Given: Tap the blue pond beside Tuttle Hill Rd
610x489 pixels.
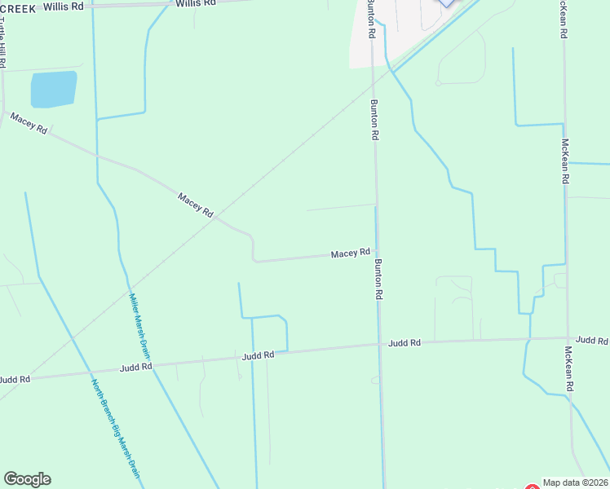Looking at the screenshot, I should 54,89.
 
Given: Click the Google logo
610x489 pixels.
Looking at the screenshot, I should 27,479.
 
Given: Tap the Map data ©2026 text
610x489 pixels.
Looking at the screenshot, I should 576,482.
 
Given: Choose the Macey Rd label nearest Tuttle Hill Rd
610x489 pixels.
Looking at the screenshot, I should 29,124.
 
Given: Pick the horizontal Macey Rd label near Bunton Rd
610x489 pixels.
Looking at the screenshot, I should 351,254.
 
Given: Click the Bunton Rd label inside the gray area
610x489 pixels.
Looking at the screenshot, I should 371,19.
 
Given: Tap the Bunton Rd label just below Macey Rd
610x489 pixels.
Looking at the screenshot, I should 378,280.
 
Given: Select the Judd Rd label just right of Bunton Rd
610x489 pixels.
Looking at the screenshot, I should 404,343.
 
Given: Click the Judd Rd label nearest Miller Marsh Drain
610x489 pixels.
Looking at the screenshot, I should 135,368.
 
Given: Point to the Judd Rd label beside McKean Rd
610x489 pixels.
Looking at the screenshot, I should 591,340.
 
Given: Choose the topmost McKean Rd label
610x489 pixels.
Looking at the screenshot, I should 564,19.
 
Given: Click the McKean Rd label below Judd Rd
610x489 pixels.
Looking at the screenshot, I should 568,367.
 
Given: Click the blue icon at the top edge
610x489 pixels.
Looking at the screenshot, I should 446,2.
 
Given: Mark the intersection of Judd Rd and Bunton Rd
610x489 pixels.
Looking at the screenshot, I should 380,345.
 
